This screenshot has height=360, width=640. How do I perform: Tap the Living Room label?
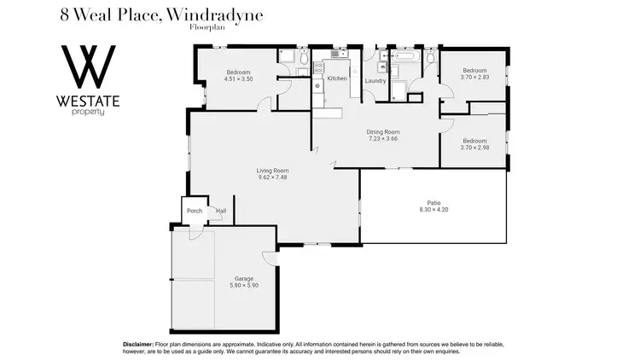(272, 171)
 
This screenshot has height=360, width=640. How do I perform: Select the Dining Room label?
(383, 132)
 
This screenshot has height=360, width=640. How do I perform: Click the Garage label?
(243, 279)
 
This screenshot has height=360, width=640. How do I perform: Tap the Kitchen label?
(336, 78)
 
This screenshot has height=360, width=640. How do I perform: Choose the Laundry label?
(375, 81)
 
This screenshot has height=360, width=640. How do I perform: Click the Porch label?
(195, 211)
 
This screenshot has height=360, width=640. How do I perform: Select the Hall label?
(221, 211)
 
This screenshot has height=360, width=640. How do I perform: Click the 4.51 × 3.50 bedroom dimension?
(238, 79)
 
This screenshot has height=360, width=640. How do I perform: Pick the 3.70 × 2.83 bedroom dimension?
(474, 77)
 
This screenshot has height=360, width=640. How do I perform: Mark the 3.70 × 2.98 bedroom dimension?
(474, 148)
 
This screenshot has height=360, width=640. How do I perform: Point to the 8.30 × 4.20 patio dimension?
(434, 210)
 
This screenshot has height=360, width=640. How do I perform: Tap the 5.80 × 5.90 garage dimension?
(243, 286)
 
